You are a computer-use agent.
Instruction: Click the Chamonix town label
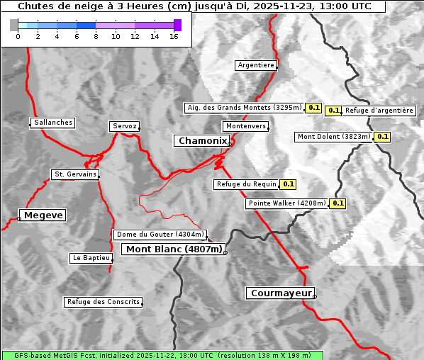202,141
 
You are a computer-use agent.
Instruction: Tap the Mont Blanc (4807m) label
174,249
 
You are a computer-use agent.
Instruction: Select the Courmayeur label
280,293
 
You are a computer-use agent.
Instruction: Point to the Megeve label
43,215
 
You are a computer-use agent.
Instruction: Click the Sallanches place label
52,123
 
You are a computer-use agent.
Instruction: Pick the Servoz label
125,126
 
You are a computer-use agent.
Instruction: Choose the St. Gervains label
75,174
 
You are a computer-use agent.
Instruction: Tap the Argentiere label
256,65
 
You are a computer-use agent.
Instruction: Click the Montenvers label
246,126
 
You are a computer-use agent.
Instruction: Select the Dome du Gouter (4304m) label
160,235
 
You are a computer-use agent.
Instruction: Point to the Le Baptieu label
91,258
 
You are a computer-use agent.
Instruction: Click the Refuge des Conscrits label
103,302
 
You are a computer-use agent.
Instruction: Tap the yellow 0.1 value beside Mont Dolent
383,137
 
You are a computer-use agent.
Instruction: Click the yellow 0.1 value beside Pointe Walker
338,203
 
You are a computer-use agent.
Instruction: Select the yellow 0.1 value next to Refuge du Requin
288,184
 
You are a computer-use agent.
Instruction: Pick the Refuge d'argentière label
379,111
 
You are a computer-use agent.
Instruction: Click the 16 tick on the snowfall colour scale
174,35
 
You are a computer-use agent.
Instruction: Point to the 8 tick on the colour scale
96,35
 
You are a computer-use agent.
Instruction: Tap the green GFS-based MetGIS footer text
162,355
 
